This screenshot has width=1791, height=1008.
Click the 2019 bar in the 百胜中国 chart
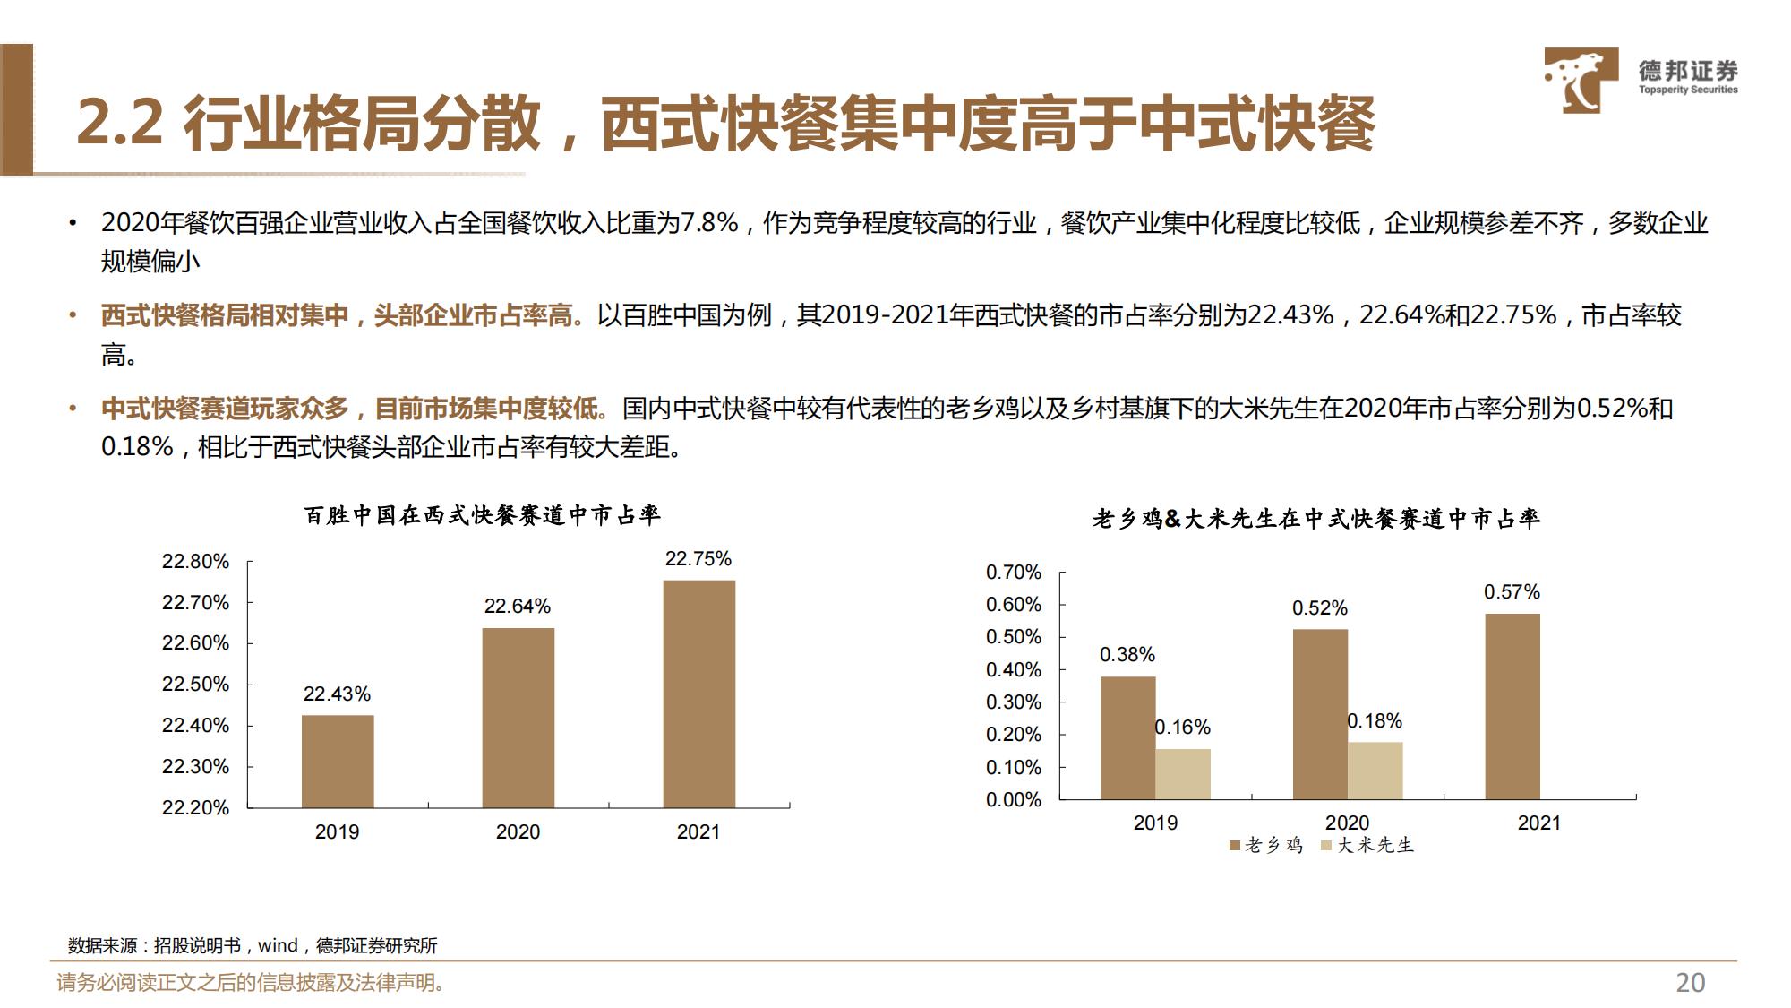coord(338,761)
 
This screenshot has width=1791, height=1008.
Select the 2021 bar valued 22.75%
coord(698,694)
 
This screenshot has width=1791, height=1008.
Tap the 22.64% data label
coord(517,607)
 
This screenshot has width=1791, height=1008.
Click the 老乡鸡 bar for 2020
coord(1320,714)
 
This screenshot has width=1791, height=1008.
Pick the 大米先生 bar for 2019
coord(1182,774)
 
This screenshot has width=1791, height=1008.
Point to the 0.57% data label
coord(1512,592)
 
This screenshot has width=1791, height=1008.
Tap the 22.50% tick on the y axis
coord(195,685)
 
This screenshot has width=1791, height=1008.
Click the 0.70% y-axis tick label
coord(1013,573)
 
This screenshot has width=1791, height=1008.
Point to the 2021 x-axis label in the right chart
coord(1538,823)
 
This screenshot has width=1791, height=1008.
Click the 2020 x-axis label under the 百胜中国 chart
coord(518,831)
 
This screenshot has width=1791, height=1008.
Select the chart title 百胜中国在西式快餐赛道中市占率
coord(482,515)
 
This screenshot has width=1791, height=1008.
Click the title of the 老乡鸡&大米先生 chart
coord(1315,519)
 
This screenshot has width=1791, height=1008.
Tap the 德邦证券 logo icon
coord(1581,80)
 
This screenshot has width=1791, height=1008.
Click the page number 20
coord(1690,983)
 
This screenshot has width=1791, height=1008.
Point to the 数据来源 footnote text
coord(253,945)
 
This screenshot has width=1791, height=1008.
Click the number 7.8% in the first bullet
coord(709,222)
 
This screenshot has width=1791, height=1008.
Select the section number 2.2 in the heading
coord(119,123)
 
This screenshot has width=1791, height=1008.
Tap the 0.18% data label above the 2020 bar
coord(1375,721)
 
